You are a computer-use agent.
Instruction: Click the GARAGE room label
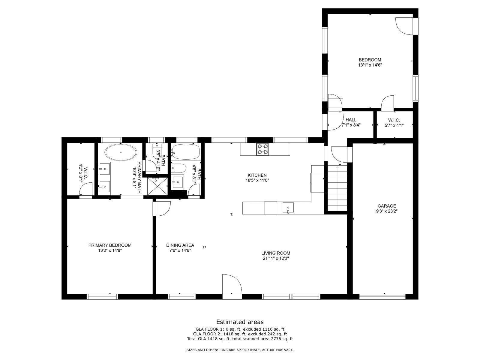pos(387,206)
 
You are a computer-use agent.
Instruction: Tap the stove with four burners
pos(262,149)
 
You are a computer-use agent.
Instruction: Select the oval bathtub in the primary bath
pos(121,152)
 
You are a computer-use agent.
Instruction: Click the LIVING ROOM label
pos(275,253)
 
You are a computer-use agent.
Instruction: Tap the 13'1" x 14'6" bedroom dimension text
pos(370,65)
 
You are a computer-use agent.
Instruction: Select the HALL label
pos(351,120)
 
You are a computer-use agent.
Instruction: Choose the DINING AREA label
pos(180,245)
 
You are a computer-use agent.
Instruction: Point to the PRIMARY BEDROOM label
pos(110,245)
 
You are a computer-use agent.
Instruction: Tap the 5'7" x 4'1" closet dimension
pos(394,125)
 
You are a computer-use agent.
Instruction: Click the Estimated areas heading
pos(240,322)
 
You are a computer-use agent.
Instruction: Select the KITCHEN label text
pos(257,175)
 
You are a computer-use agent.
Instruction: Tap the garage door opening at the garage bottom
pos(382,296)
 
